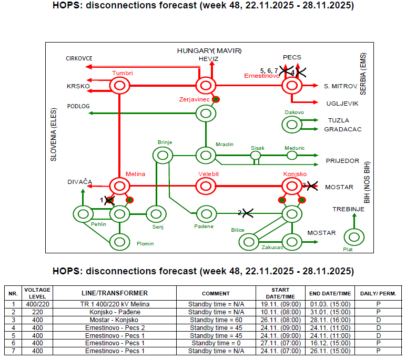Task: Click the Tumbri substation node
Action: [x=119, y=85]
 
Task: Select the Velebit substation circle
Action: [x=206, y=186]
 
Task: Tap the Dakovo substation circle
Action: [x=292, y=124]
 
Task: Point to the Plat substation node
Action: [x=353, y=237]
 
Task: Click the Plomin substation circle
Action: [x=120, y=242]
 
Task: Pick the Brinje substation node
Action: [x=163, y=155]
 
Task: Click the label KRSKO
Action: [x=78, y=86]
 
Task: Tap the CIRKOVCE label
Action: [x=79, y=58]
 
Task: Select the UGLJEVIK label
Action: [x=342, y=104]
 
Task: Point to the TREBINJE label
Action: [x=348, y=210]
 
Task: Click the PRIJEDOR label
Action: [x=342, y=161]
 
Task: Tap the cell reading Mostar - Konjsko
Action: [x=115, y=320]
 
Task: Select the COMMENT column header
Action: [x=216, y=293]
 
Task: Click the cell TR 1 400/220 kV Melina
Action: [x=115, y=304]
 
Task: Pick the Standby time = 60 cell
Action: [x=216, y=320]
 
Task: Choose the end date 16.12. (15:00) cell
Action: [x=330, y=343]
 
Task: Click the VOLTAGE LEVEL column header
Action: [x=37, y=293]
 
